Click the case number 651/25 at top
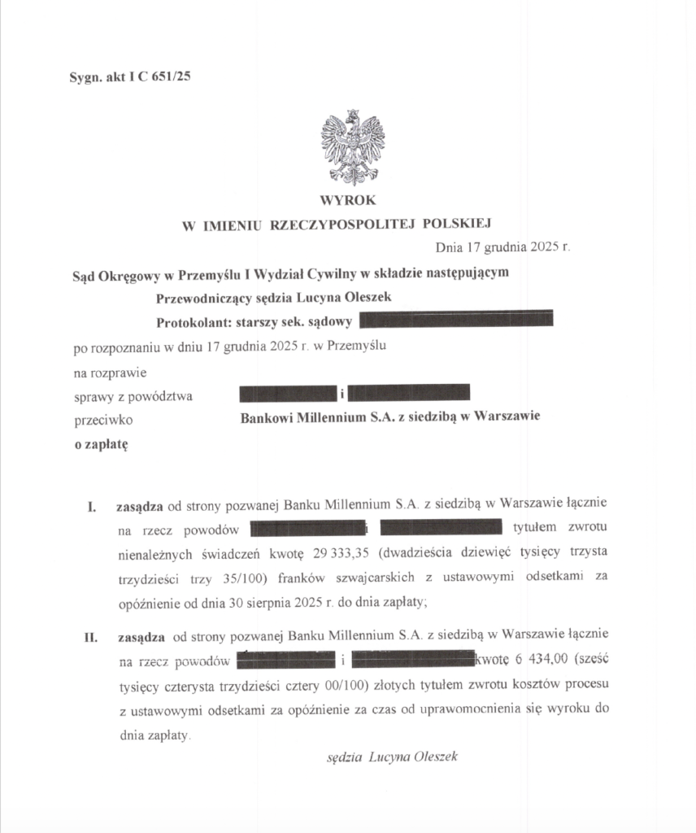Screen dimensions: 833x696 (171, 77)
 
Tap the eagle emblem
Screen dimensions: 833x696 (351, 147)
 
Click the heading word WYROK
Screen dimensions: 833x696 (348, 200)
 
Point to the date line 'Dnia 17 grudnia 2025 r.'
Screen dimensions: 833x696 (502, 246)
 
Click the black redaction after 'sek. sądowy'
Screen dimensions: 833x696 (455, 319)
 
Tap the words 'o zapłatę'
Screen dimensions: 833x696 (101, 444)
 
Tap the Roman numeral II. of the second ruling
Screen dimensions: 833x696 (92, 635)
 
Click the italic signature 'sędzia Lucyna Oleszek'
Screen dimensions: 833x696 (392, 757)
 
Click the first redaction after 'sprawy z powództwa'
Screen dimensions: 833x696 (288, 395)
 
